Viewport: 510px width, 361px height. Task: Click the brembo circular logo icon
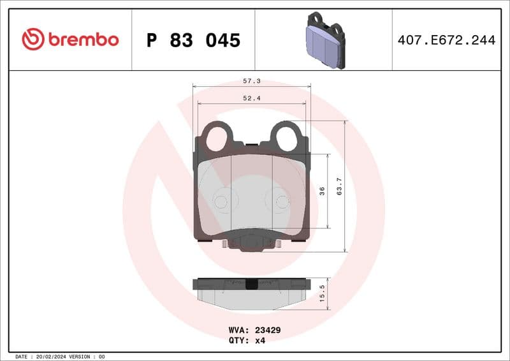click(33, 40)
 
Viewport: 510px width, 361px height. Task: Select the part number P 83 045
click(193, 40)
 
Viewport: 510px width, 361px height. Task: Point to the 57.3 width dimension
click(252, 82)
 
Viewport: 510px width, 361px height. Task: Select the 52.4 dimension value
click(252, 98)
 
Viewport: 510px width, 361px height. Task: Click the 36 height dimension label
click(323, 191)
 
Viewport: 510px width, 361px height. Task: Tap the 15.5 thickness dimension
click(323, 292)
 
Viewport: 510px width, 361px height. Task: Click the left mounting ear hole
click(218, 136)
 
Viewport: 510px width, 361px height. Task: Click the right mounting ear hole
click(285, 136)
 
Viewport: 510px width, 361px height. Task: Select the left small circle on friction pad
click(221, 202)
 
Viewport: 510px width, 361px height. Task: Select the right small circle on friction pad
click(281, 202)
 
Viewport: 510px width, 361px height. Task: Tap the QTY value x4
click(260, 340)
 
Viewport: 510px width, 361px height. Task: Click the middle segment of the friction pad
click(251, 191)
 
